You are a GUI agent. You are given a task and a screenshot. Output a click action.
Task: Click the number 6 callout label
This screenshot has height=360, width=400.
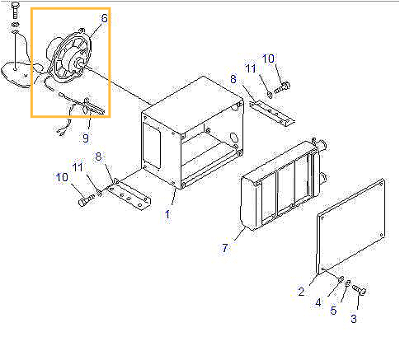[104, 17]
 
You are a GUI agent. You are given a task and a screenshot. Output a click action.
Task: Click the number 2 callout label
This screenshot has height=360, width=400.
[301, 291]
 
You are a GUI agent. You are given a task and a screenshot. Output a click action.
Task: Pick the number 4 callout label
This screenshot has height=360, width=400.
[318, 303]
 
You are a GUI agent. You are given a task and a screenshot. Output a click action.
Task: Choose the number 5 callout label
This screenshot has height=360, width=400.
[334, 311]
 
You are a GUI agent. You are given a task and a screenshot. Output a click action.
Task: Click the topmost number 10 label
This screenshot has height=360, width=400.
[268, 58]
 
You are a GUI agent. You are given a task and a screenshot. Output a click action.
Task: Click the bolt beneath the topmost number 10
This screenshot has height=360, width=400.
[284, 85]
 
